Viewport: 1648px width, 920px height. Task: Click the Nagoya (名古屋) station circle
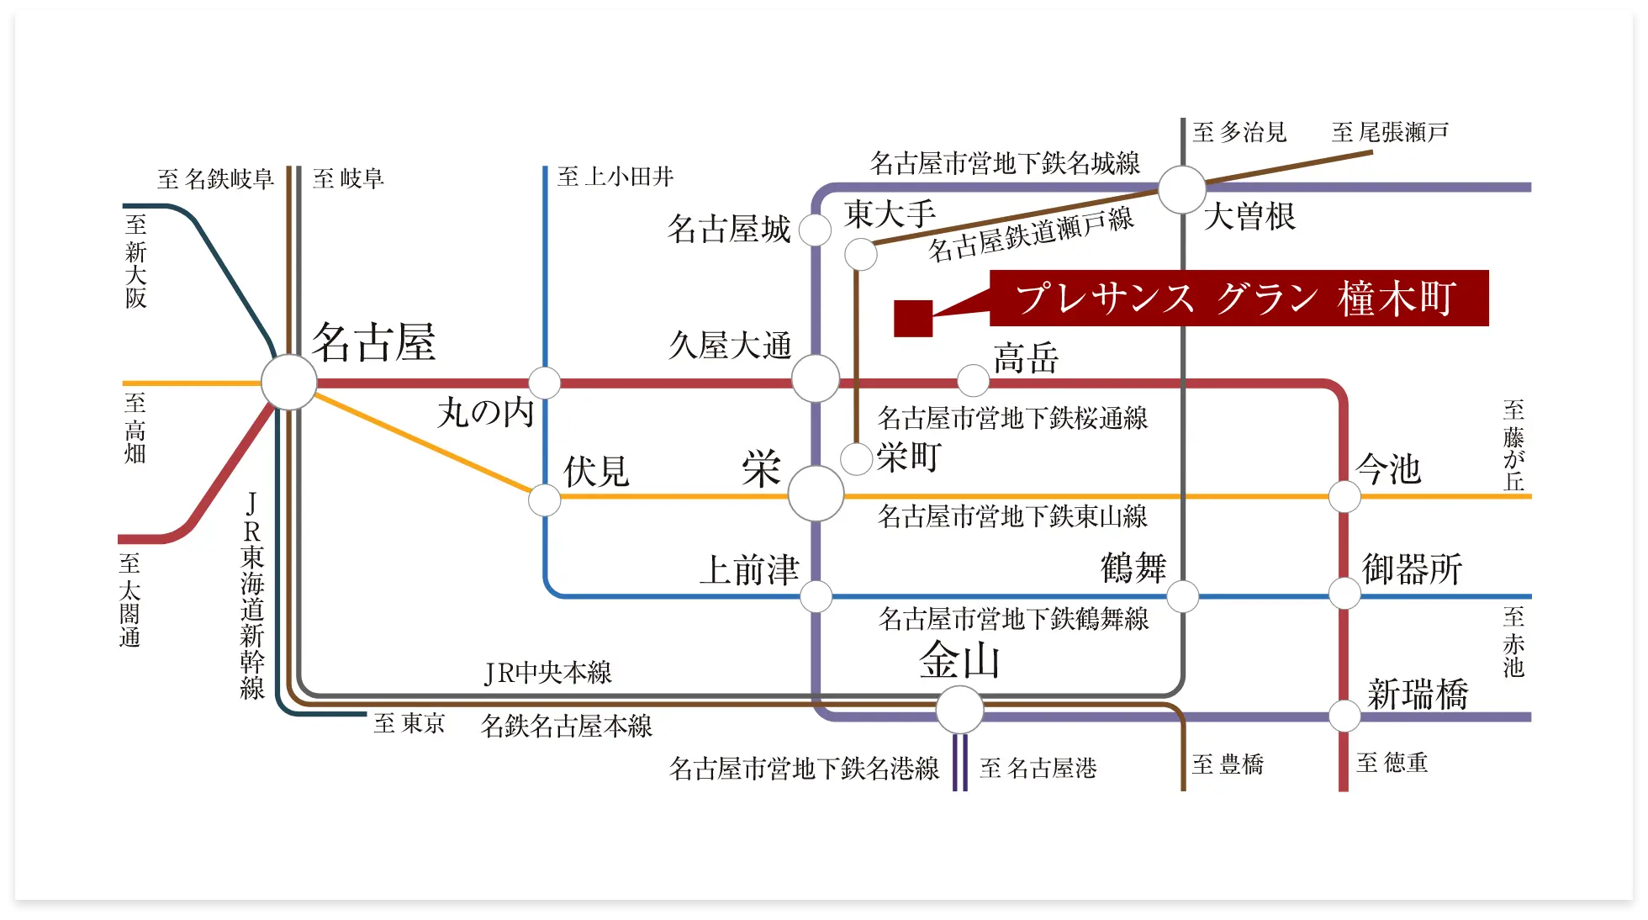click(x=288, y=383)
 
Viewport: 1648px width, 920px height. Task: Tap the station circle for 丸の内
click(x=544, y=383)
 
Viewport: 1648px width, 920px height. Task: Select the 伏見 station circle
click(x=544, y=500)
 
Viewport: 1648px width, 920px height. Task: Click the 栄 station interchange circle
click(x=816, y=494)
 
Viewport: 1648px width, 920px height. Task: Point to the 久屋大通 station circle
click(x=815, y=378)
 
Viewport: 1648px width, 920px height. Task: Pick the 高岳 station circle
click(x=973, y=380)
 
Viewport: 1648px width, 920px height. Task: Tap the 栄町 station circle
click(x=856, y=459)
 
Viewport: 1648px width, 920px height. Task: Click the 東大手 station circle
click(x=860, y=254)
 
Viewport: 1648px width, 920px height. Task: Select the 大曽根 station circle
click(x=1182, y=190)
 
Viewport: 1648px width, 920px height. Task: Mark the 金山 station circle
click(x=959, y=710)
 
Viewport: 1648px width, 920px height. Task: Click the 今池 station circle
click(x=1344, y=496)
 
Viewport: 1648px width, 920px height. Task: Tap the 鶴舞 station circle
click(x=1182, y=596)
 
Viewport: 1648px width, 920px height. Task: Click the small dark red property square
click(x=913, y=319)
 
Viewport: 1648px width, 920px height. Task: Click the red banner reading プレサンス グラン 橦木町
click(x=1239, y=298)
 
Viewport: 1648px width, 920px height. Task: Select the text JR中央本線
click(x=548, y=673)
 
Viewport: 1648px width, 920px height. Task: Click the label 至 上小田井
click(x=615, y=177)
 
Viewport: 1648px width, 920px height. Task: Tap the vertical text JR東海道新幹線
click(x=252, y=595)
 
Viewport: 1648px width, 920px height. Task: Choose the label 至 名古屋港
click(x=1038, y=768)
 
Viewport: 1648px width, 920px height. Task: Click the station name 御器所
click(x=1413, y=569)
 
